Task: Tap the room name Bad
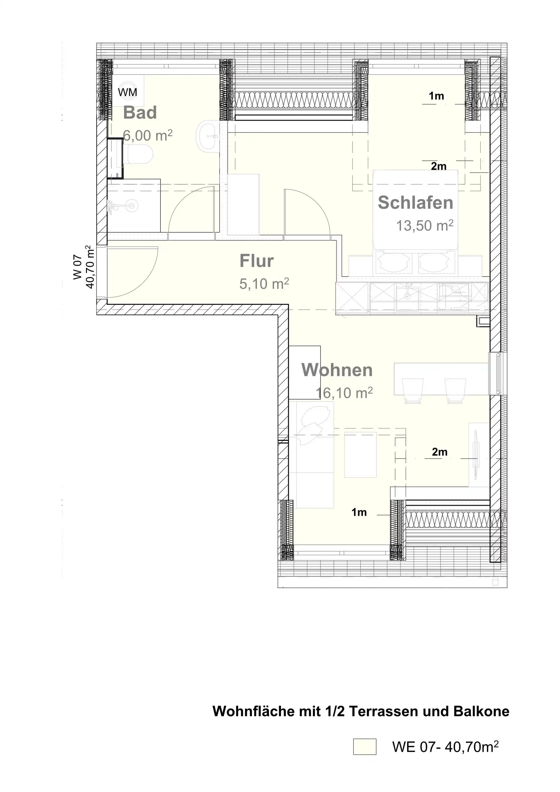click(x=140, y=112)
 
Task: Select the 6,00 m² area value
click(x=147, y=135)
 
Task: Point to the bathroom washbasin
click(x=207, y=135)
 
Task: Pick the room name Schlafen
click(x=416, y=202)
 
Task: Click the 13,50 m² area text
click(x=425, y=226)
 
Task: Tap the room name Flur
click(x=257, y=261)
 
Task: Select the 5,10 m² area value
click(x=264, y=284)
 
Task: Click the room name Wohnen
click(x=337, y=370)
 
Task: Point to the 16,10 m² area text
click(x=344, y=393)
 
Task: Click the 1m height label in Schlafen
click(x=436, y=96)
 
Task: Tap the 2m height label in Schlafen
click(x=438, y=166)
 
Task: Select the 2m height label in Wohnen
click(x=440, y=452)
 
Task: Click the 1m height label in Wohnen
click(x=359, y=512)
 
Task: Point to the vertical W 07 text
click(x=78, y=267)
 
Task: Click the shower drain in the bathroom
click(x=132, y=206)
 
